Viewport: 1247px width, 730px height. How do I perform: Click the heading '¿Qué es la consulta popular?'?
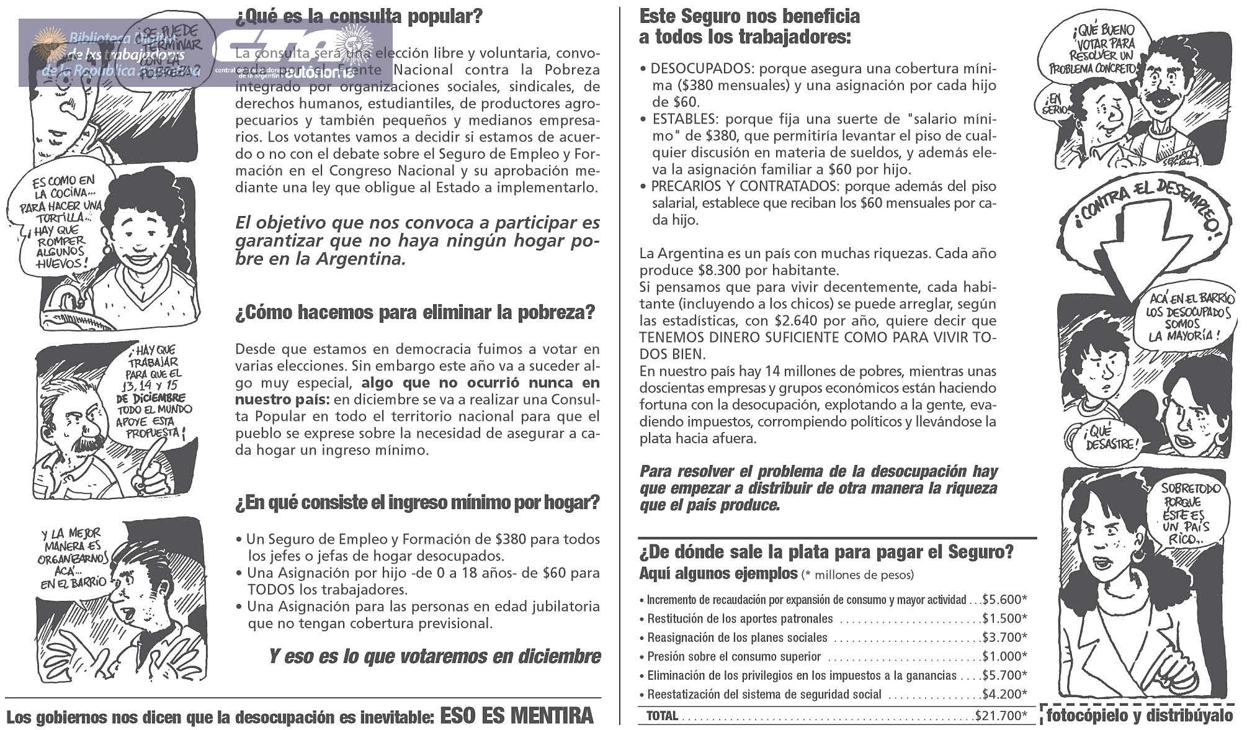coord(358,17)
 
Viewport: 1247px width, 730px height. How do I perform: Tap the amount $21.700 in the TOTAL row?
coord(1000,716)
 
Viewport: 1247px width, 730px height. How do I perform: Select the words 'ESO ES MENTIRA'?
coord(516,716)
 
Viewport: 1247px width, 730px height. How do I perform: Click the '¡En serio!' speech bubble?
coord(1057,105)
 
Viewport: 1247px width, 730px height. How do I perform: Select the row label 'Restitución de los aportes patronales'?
coord(740,618)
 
